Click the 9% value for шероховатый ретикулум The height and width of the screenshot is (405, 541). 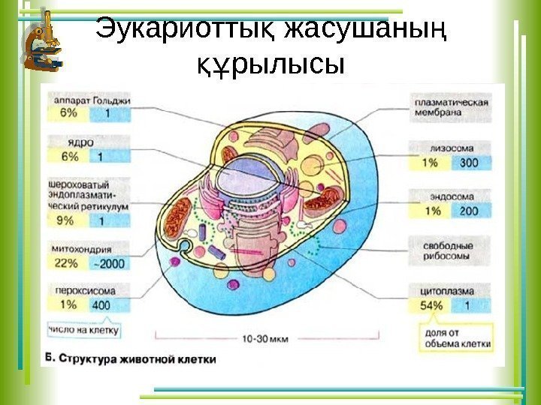pyautogui.click(x=66, y=220)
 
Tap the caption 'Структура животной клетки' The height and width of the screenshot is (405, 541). pyautogui.click(x=138, y=358)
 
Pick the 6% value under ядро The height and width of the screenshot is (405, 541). pyautogui.click(x=68, y=157)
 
